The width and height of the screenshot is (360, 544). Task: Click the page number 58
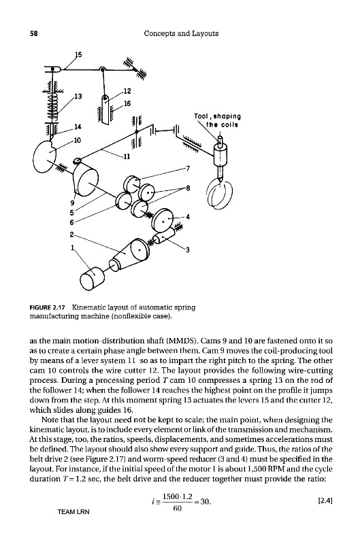tap(33, 33)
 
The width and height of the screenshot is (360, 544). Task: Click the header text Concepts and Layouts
tap(181, 33)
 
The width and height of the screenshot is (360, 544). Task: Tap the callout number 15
tap(78, 54)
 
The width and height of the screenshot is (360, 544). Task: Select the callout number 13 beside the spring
tap(78, 96)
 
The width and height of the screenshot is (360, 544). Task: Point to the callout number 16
tap(127, 103)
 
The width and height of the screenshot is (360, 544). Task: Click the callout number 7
tap(188, 169)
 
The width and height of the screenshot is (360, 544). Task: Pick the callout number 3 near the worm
tap(187, 250)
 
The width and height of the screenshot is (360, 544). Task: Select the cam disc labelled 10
tap(45, 156)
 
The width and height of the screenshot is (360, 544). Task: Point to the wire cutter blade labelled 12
tap(105, 109)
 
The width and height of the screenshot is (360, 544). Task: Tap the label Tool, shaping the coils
tap(217, 120)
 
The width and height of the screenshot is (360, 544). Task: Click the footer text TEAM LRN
tap(73, 512)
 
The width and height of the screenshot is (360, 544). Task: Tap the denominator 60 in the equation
tap(178, 509)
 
